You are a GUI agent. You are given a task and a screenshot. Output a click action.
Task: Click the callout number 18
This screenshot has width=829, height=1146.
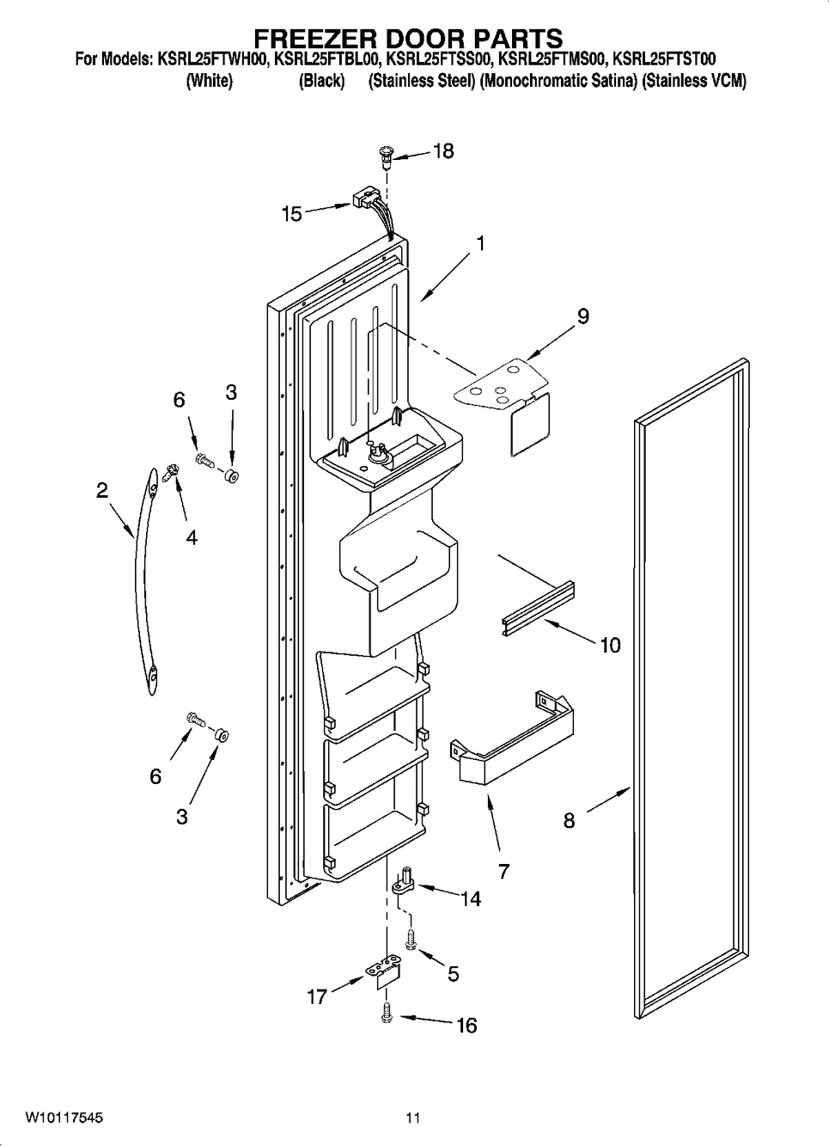[443, 151]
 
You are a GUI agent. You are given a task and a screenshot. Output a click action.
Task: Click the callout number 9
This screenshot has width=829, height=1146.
[583, 316]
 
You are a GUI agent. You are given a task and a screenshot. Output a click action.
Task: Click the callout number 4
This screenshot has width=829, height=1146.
[192, 537]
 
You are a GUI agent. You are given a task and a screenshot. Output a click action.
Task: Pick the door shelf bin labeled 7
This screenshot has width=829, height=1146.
[512, 740]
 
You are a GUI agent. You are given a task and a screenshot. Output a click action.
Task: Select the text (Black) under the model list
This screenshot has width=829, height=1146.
[321, 81]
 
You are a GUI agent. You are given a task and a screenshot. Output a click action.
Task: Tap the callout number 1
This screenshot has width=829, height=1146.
[480, 244]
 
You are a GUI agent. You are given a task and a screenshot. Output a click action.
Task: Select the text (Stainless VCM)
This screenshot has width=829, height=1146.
[693, 81]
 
